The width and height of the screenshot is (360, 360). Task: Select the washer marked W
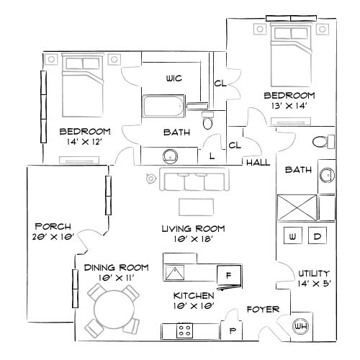point(293,236)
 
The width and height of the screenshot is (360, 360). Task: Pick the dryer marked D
point(318,236)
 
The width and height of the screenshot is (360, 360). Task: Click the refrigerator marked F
point(228,275)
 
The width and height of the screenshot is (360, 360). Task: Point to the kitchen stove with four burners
point(185,330)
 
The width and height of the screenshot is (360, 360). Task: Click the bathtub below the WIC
point(163,108)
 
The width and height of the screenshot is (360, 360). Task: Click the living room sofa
point(193,182)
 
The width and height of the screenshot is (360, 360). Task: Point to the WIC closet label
point(173,78)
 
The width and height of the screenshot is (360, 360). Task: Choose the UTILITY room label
point(313,274)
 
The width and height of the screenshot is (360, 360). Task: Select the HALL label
point(257,163)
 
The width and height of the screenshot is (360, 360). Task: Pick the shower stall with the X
point(297,207)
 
